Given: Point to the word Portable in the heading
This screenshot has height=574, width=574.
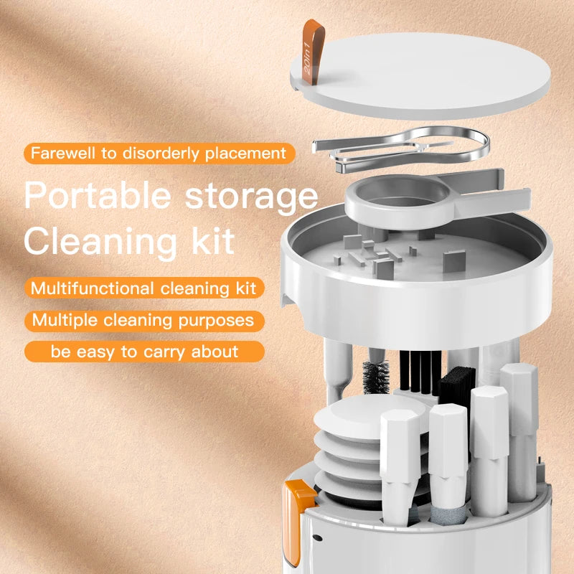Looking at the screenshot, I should click(x=96, y=196).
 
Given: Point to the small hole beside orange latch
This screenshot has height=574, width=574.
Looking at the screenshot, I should click(x=316, y=537).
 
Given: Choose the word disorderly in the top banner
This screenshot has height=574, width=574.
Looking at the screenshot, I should click(x=166, y=153).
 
